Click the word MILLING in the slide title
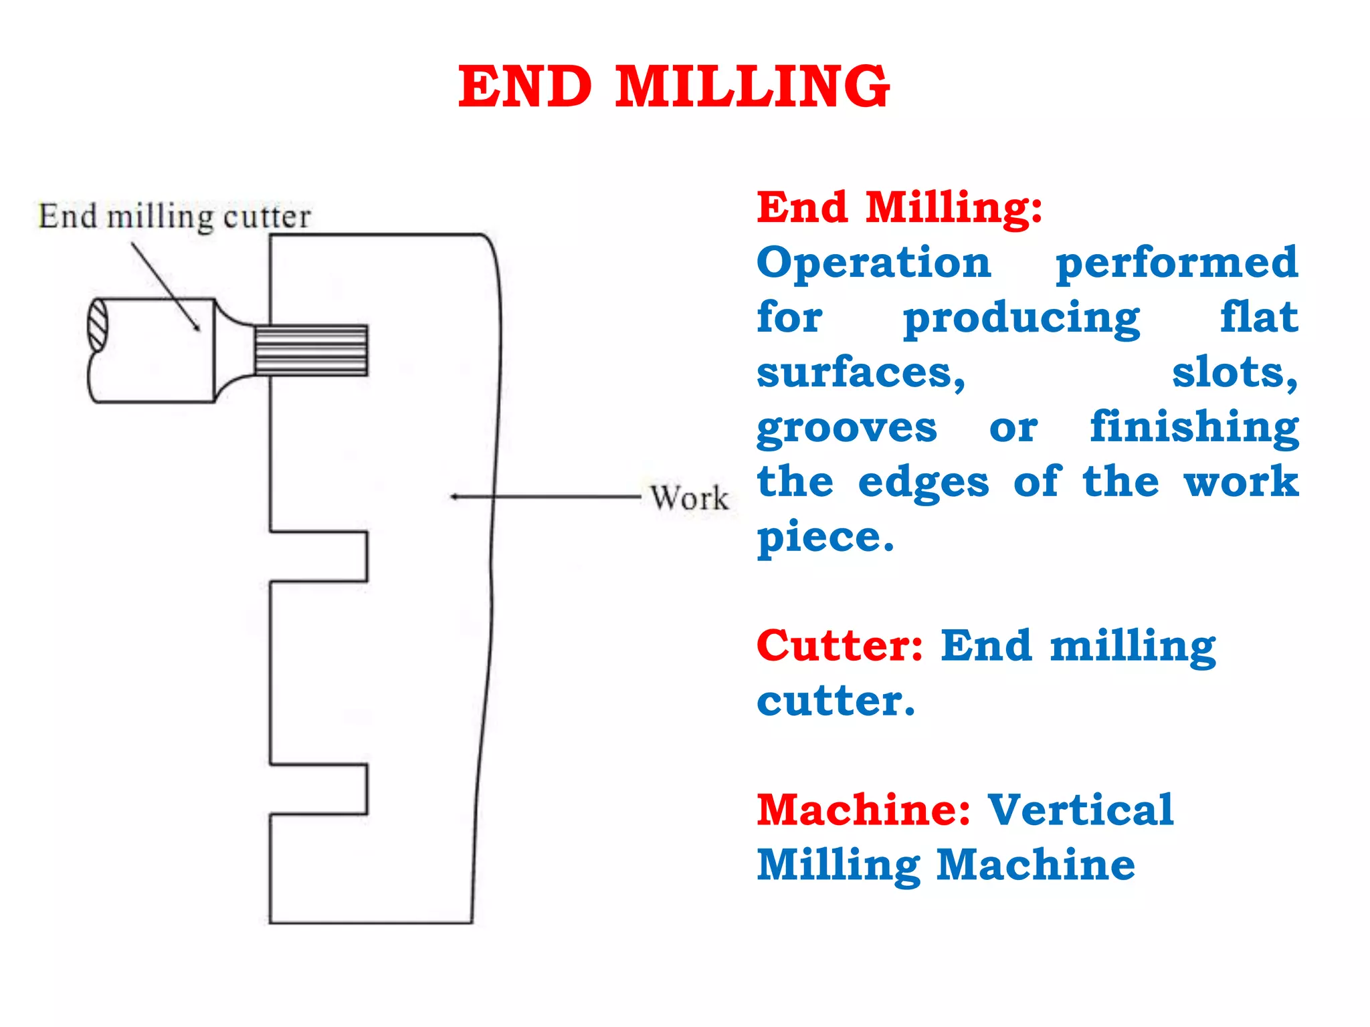click(x=752, y=87)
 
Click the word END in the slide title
click(x=525, y=87)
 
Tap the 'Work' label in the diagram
click(x=690, y=498)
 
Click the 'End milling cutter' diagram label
click(x=175, y=217)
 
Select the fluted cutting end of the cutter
click(x=311, y=350)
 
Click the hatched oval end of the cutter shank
click(x=98, y=325)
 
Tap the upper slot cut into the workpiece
click(x=318, y=556)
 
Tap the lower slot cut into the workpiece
click(x=318, y=789)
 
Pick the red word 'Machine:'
click(x=864, y=810)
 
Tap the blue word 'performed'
click(x=1177, y=264)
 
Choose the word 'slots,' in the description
click(x=1235, y=373)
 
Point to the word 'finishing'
click(x=1194, y=428)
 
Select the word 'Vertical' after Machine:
click(x=1080, y=810)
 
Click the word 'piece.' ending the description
click(x=825, y=538)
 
